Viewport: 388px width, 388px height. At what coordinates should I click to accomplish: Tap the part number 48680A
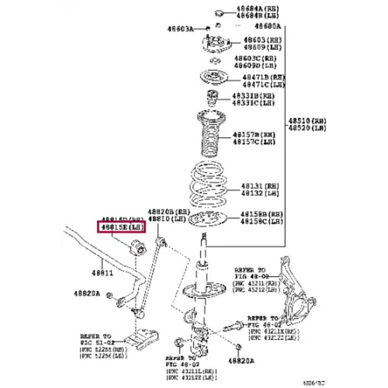(267, 27)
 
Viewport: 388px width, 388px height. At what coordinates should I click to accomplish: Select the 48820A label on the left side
(87, 294)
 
